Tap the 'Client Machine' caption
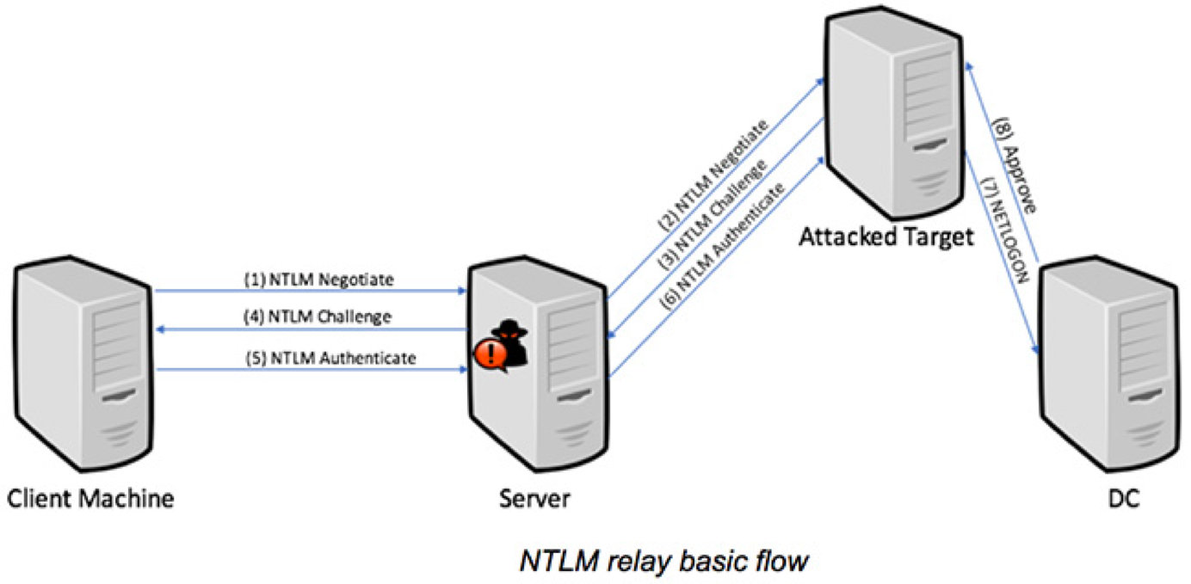coord(90,498)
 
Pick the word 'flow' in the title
coord(780,561)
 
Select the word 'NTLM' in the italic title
coord(554,561)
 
